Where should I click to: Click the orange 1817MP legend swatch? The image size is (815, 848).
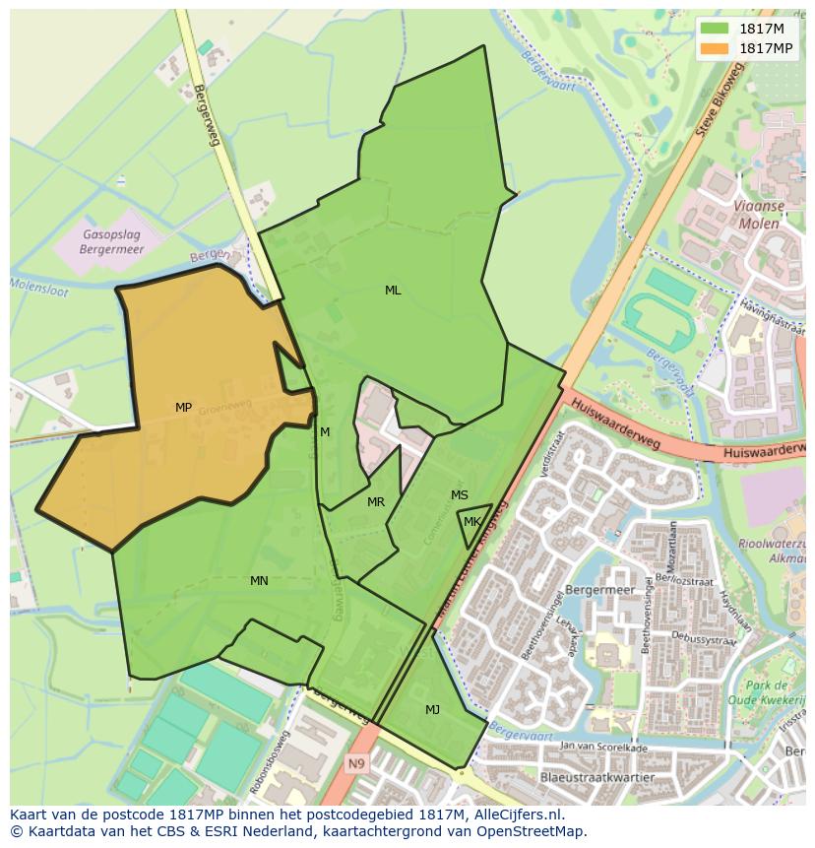point(716,48)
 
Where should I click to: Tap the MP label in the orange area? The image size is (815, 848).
point(183,408)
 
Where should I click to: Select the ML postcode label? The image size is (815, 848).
point(393,291)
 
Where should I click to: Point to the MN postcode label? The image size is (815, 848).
point(259,581)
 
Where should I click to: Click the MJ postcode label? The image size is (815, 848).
point(433,709)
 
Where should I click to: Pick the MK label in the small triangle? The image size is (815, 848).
point(472,522)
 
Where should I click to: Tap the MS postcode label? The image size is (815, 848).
point(460,495)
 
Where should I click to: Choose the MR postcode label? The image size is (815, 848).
point(376,502)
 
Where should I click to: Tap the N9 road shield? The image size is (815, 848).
point(356,763)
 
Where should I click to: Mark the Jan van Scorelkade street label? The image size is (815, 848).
point(602,748)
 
